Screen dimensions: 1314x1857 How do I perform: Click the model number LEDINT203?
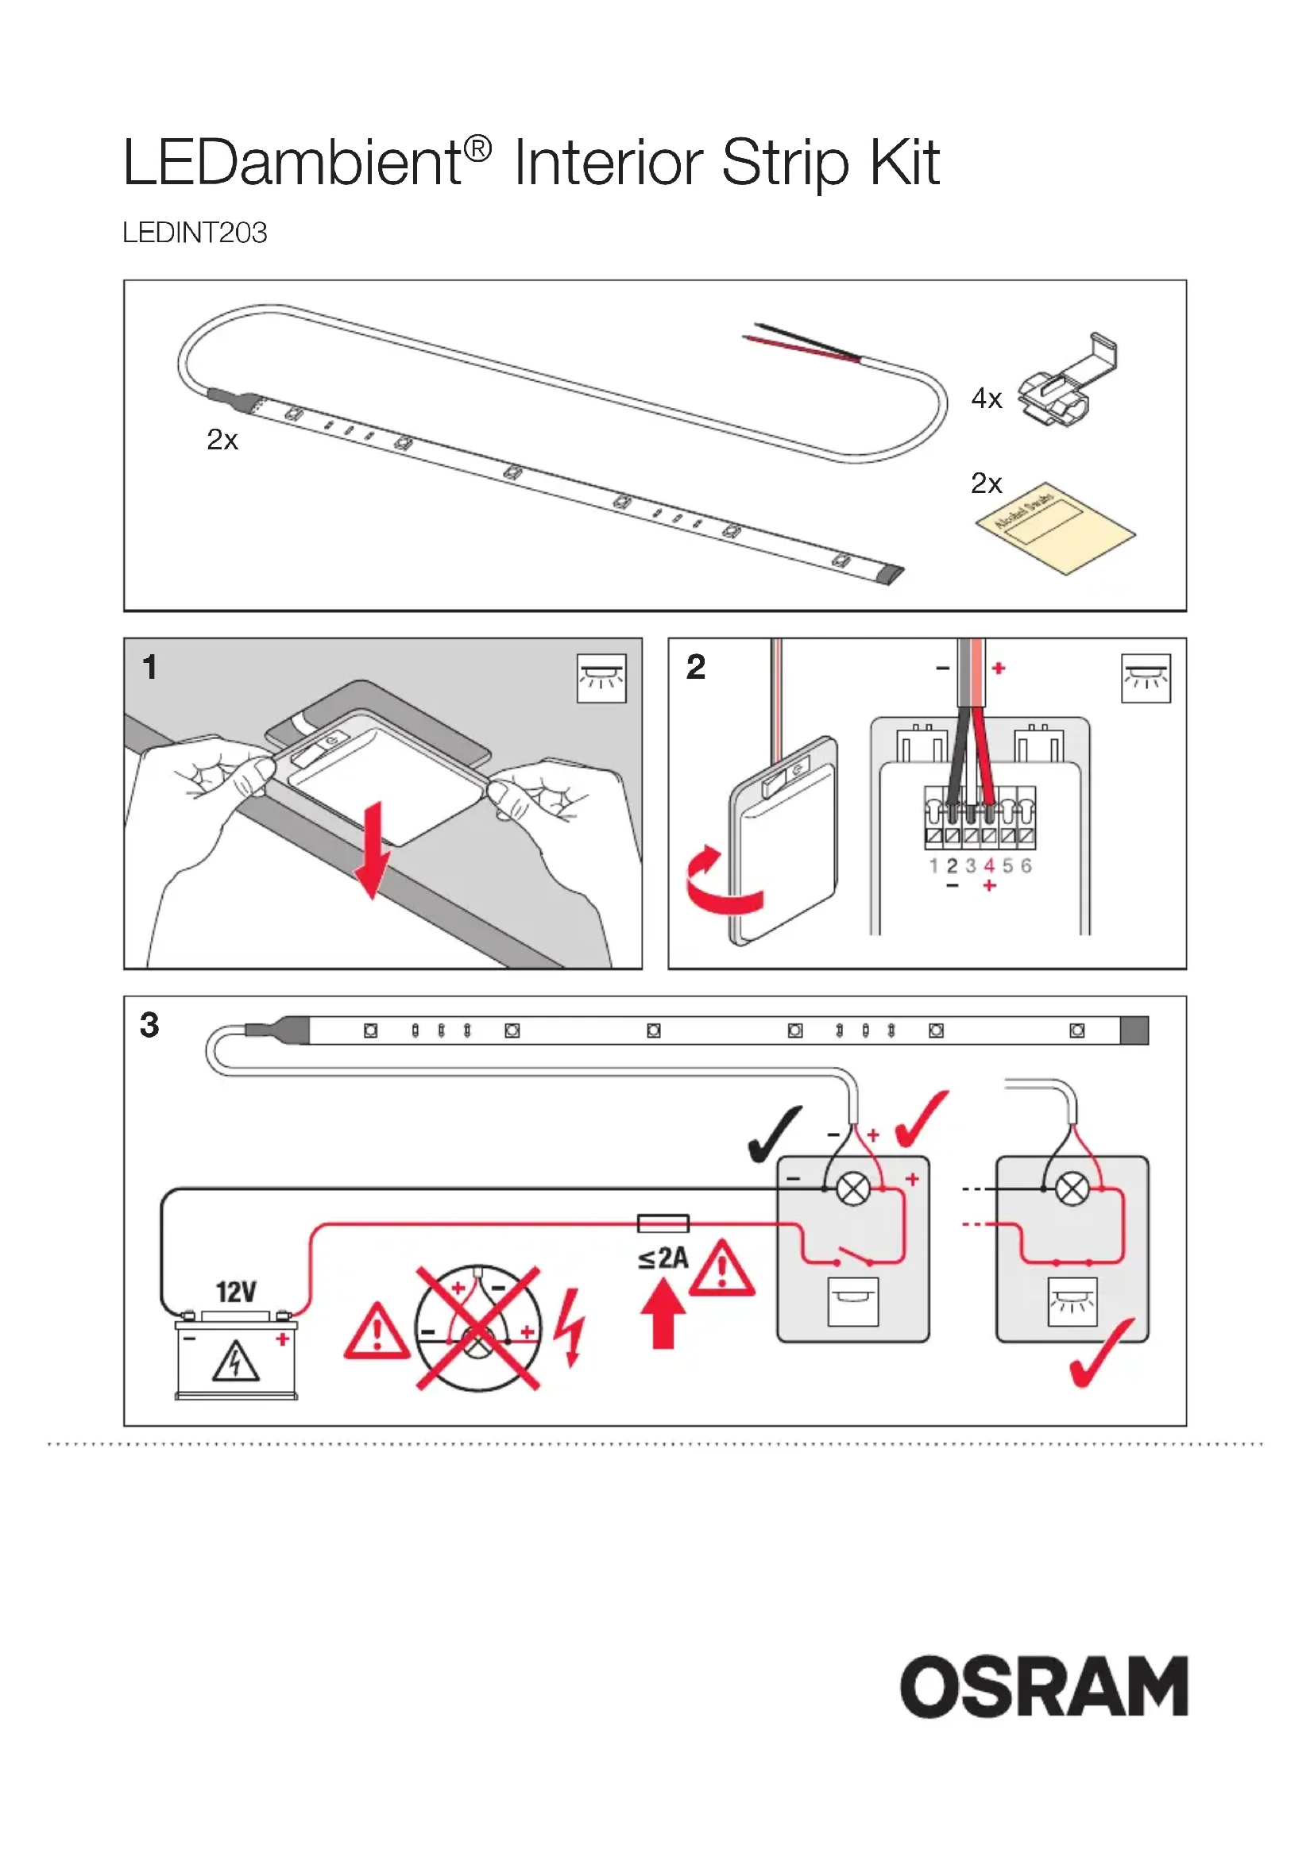(x=194, y=233)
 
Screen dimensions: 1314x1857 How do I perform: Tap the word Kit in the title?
(x=904, y=163)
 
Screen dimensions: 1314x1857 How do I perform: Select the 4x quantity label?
(x=987, y=399)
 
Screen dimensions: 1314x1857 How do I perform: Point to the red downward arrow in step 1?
(x=372, y=850)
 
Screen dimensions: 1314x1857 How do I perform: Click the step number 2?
(x=696, y=667)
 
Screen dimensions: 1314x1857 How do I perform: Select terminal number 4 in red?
(x=989, y=866)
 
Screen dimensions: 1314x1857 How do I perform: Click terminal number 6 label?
(x=1026, y=866)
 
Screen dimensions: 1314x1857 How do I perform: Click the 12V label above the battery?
(x=236, y=1292)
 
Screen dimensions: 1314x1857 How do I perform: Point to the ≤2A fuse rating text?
(x=663, y=1258)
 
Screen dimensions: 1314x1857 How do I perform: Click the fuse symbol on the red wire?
(x=663, y=1223)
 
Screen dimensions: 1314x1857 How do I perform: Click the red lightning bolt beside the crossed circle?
(x=570, y=1327)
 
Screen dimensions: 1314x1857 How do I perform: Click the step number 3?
(x=149, y=1025)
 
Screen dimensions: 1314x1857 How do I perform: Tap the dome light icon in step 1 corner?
(x=601, y=678)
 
